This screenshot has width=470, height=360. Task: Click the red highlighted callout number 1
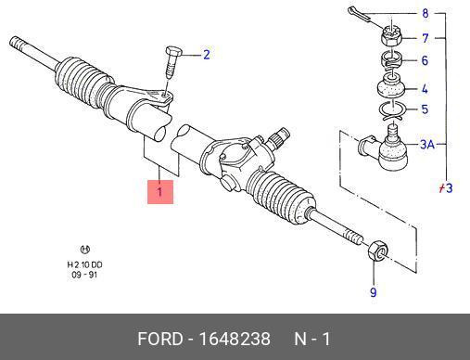tap(160, 192)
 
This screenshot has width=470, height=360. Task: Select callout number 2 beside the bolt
tap(207, 55)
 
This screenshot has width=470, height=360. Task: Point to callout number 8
tap(426, 13)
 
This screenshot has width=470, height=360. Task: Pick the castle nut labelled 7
tap(391, 35)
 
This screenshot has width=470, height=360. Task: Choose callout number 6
tap(425, 60)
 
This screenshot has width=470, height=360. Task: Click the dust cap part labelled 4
tap(391, 84)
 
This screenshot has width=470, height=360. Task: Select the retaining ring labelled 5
tap(392, 111)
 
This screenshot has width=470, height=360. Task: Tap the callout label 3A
tap(427, 144)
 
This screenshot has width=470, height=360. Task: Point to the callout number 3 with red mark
tap(446, 187)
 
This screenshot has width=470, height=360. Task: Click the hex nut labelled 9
tap(377, 251)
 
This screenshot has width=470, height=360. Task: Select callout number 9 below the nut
tap(374, 292)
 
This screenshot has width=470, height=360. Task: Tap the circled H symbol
tap(85, 250)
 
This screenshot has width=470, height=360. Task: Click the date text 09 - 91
tap(84, 275)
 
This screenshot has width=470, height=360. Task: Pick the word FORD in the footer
tap(160, 339)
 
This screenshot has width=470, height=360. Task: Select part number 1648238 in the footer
tap(235, 339)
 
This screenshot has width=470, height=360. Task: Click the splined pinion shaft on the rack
tap(279, 137)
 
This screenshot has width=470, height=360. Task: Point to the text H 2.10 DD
tap(84, 264)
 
